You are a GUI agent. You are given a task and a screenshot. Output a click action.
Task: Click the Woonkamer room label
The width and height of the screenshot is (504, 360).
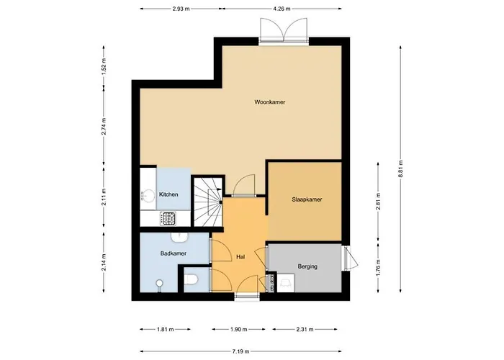tap(269, 103)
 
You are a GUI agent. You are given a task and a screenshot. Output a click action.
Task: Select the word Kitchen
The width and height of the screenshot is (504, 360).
tap(168, 195)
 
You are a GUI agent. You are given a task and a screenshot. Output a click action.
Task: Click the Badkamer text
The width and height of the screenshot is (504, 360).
tap(174, 253)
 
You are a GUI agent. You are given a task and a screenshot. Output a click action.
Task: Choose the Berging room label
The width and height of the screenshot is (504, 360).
tap(307, 266)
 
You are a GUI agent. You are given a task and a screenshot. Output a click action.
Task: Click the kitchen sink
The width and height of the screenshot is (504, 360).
tap(148, 194)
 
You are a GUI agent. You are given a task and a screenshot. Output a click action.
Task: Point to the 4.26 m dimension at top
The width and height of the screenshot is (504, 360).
tap(282, 9)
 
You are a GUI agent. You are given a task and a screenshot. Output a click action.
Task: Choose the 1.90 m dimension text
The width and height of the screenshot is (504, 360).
tap(238, 329)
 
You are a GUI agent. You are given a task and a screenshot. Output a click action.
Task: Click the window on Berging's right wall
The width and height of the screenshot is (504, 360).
tap(348, 258)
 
